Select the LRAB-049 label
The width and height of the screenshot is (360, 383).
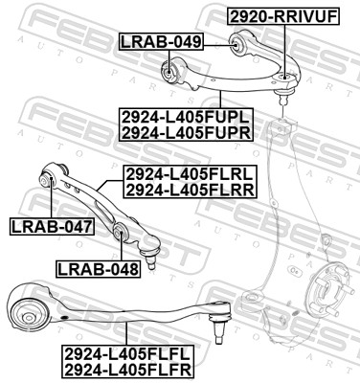click(161, 41)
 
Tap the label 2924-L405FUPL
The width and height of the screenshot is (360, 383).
click(187, 116)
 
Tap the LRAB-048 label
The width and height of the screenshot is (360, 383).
click(98, 268)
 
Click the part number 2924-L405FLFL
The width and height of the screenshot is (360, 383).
click(126, 351)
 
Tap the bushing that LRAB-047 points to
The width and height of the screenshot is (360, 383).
click(49, 177)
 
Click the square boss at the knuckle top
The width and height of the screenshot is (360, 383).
click(282, 127)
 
